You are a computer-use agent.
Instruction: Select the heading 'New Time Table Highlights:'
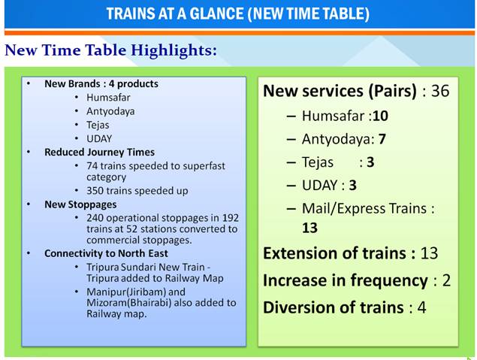(111, 50)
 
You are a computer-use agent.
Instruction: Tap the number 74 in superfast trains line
(94, 165)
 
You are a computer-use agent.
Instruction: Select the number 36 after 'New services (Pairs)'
(440, 91)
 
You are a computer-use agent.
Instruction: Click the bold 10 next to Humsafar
(380, 116)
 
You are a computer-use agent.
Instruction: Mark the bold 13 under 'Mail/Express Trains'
(309, 227)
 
